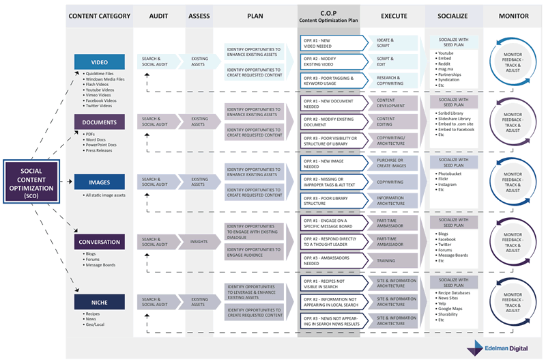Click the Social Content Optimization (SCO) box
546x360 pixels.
tap(32, 182)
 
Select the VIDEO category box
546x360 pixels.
tap(100, 62)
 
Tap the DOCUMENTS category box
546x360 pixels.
tap(100, 122)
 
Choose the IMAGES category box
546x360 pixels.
tap(100, 182)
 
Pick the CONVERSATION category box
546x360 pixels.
tap(100, 241)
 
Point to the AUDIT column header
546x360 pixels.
tap(159, 17)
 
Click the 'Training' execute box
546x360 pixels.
tap(390, 260)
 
